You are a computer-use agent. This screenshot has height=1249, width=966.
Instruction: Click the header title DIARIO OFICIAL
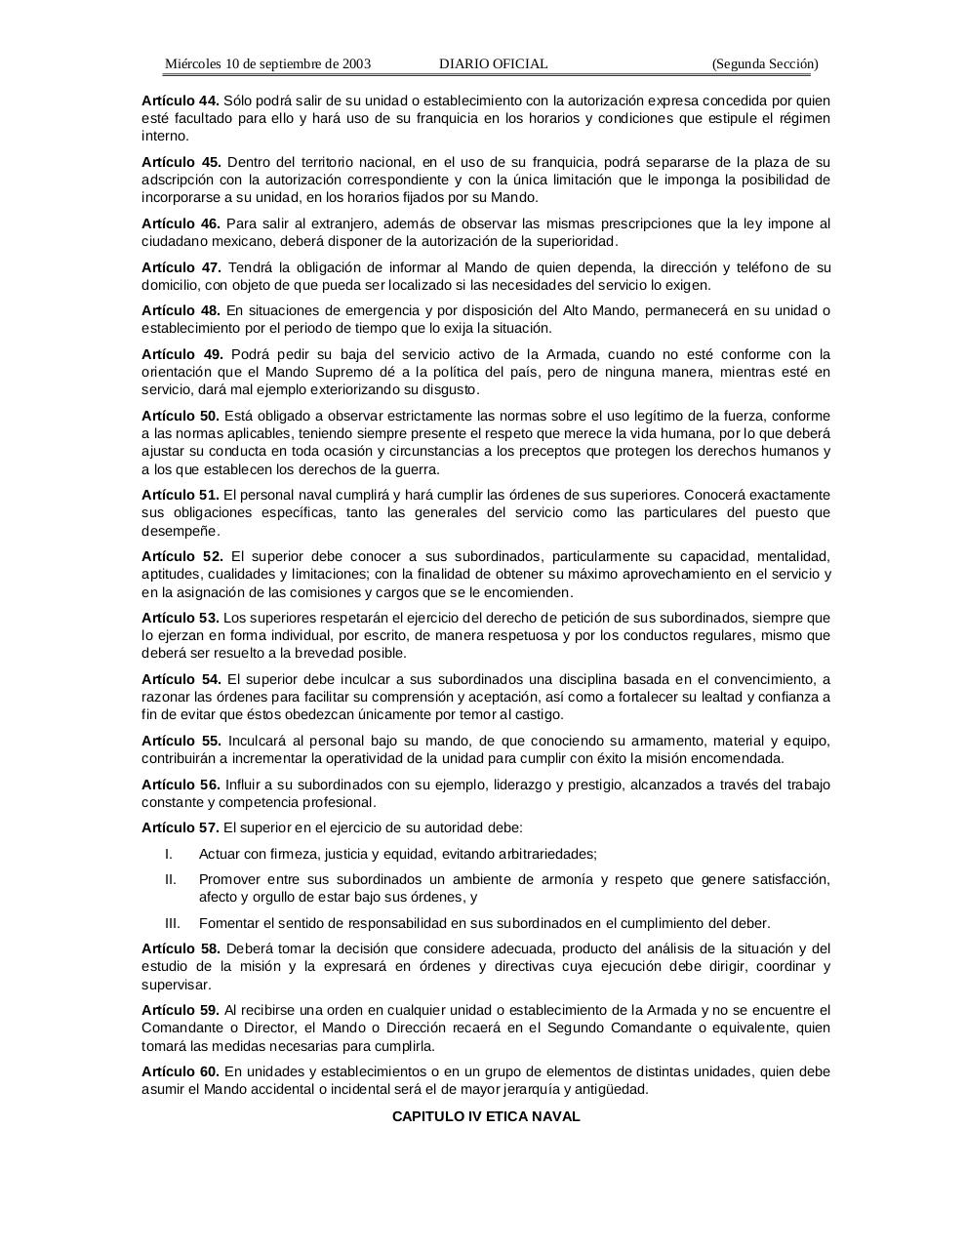click(x=493, y=64)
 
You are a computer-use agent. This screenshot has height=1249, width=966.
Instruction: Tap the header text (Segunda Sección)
click(x=765, y=64)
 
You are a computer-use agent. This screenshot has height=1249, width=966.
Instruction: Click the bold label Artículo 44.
click(x=181, y=101)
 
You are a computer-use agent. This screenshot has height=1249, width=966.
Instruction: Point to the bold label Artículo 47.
click(x=181, y=267)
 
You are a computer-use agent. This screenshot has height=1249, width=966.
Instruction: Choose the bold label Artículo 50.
click(x=181, y=416)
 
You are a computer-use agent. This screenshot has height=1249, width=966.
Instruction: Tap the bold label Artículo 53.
click(x=181, y=618)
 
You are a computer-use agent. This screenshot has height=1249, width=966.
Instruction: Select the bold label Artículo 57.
click(x=181, y=827)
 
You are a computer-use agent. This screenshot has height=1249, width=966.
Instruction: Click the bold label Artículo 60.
click(x=181, y=1071)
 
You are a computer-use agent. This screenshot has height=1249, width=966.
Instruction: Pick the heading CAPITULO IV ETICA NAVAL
click(x=486, y=1116)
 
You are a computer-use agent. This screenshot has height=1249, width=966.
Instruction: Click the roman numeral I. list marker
click(x=169, y=854)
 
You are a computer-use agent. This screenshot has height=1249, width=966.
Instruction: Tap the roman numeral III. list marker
click(x=173, y=923)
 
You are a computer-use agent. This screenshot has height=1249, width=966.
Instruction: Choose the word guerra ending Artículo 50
click(x=416, y=468)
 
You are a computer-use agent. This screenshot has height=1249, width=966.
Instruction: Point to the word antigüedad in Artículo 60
click(x=612, y=1089)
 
